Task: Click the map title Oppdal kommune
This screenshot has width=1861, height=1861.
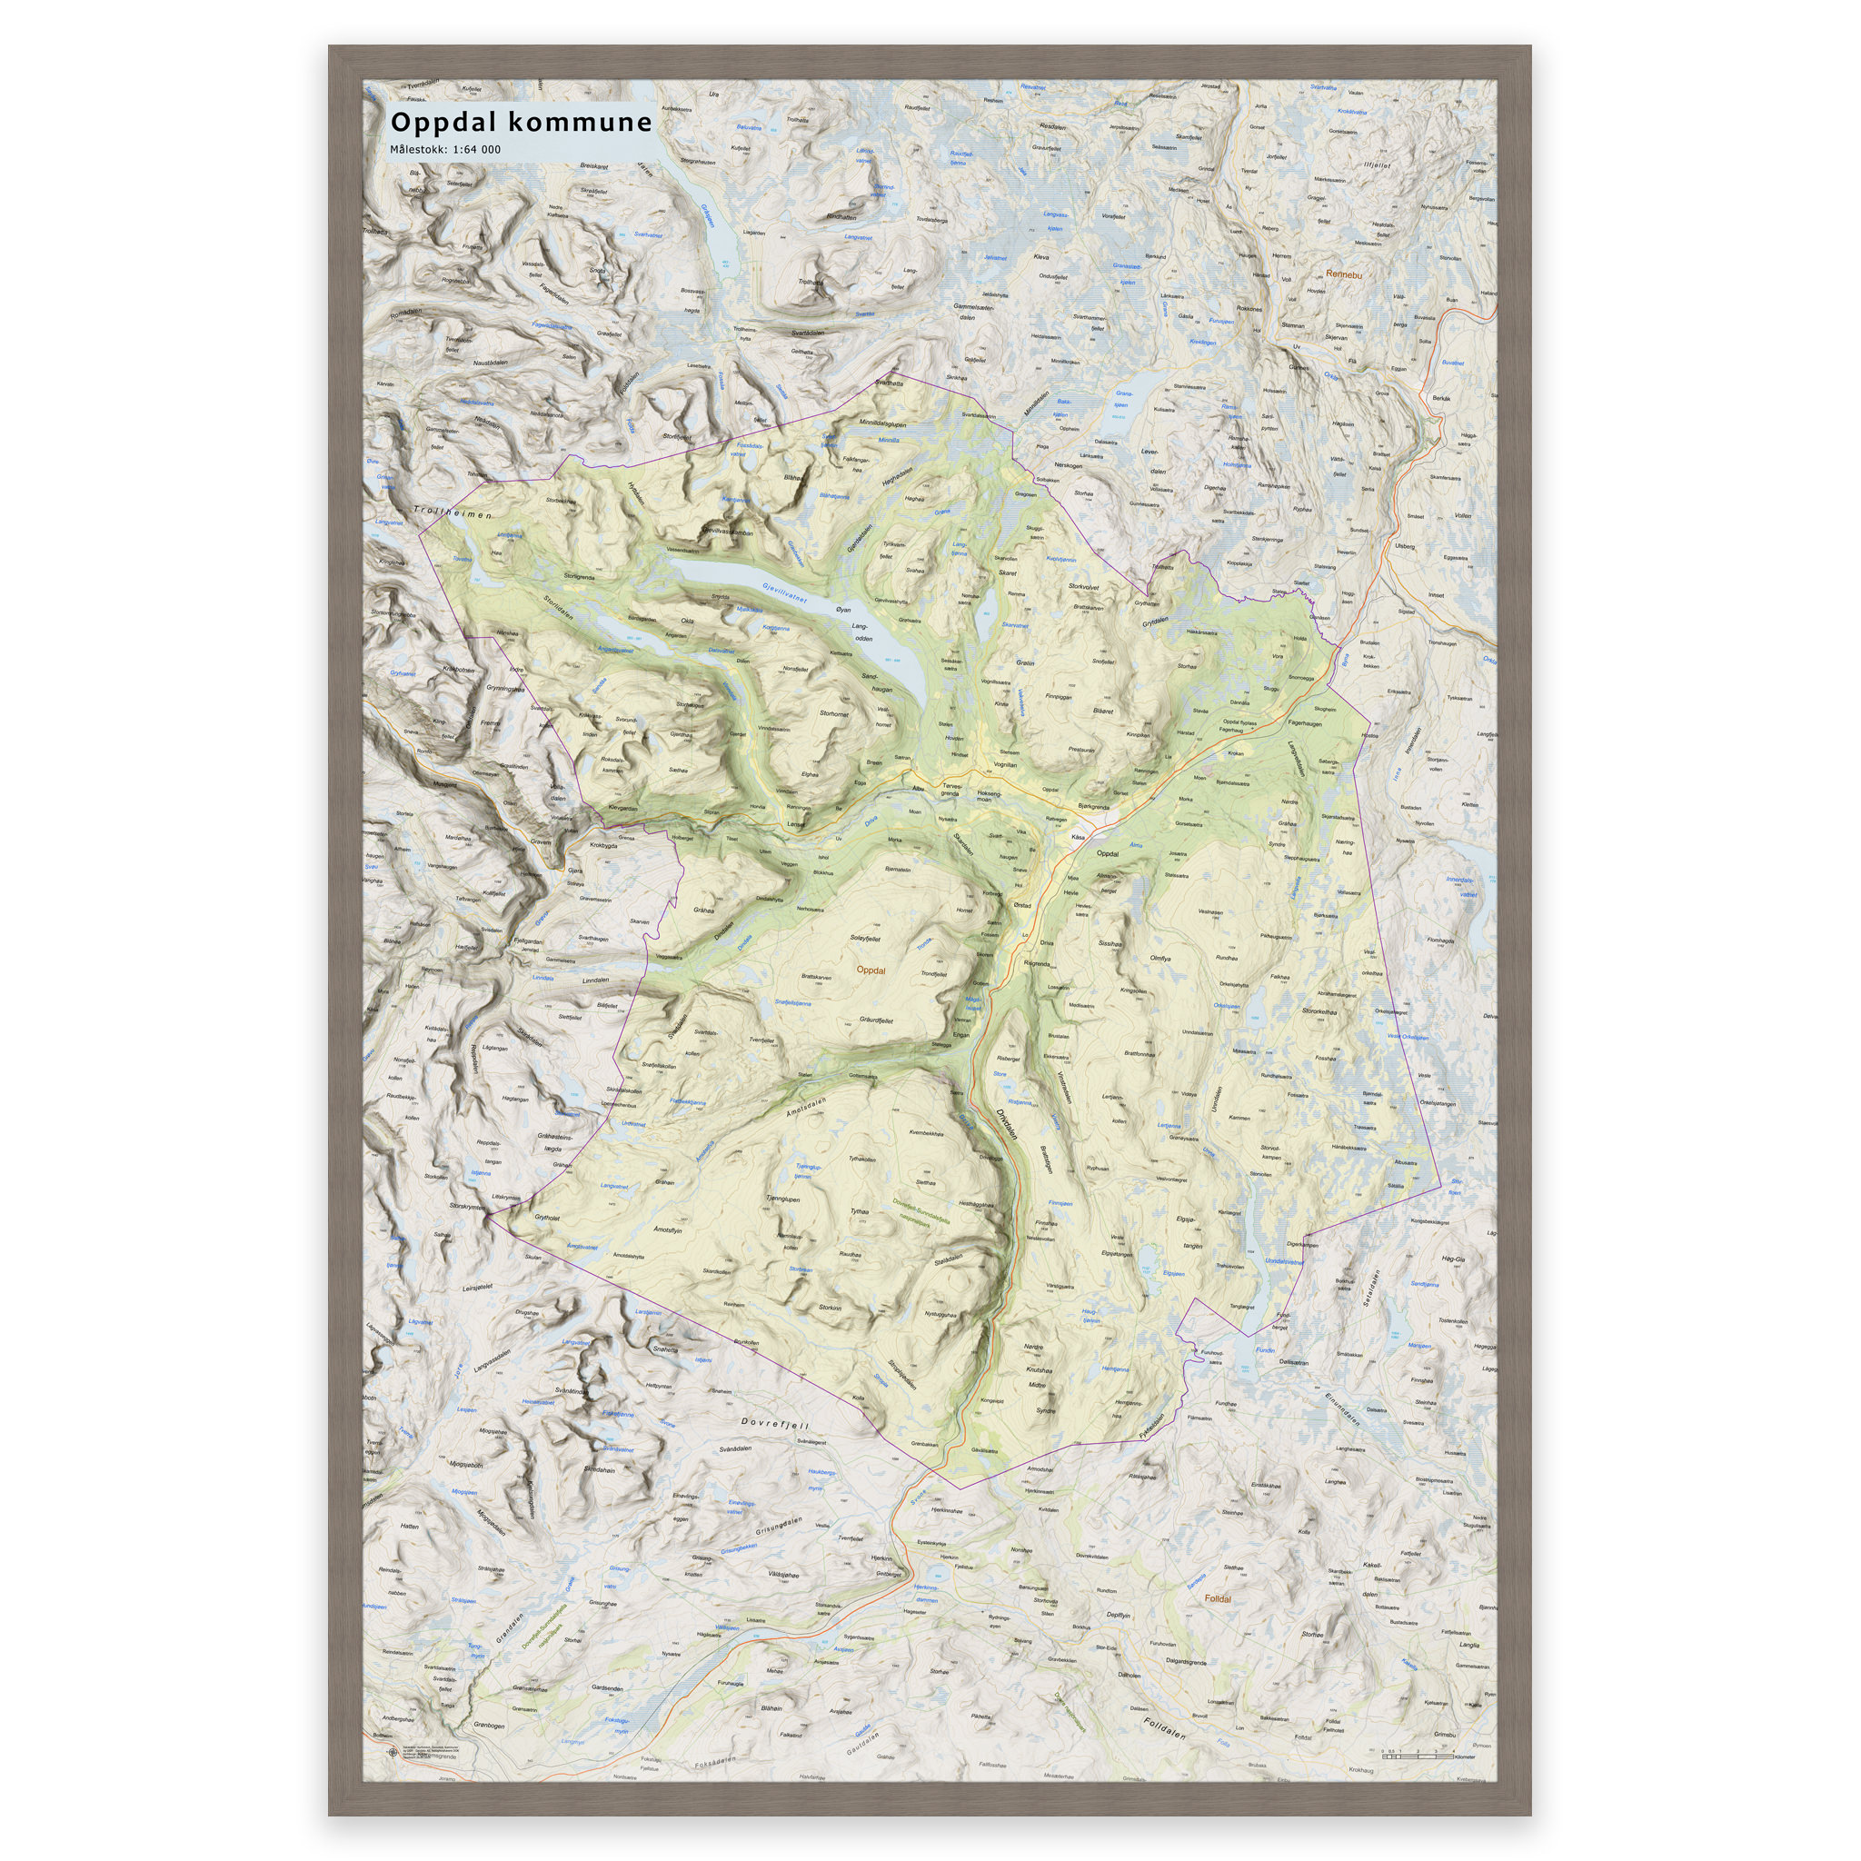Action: (x=521, y=123)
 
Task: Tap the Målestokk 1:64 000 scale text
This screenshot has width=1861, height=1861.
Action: (x=445, y=149)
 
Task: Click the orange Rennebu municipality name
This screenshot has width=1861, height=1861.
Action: (x=1344, y=274)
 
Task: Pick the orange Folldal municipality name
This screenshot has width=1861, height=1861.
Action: (x=1218, y=1598)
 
